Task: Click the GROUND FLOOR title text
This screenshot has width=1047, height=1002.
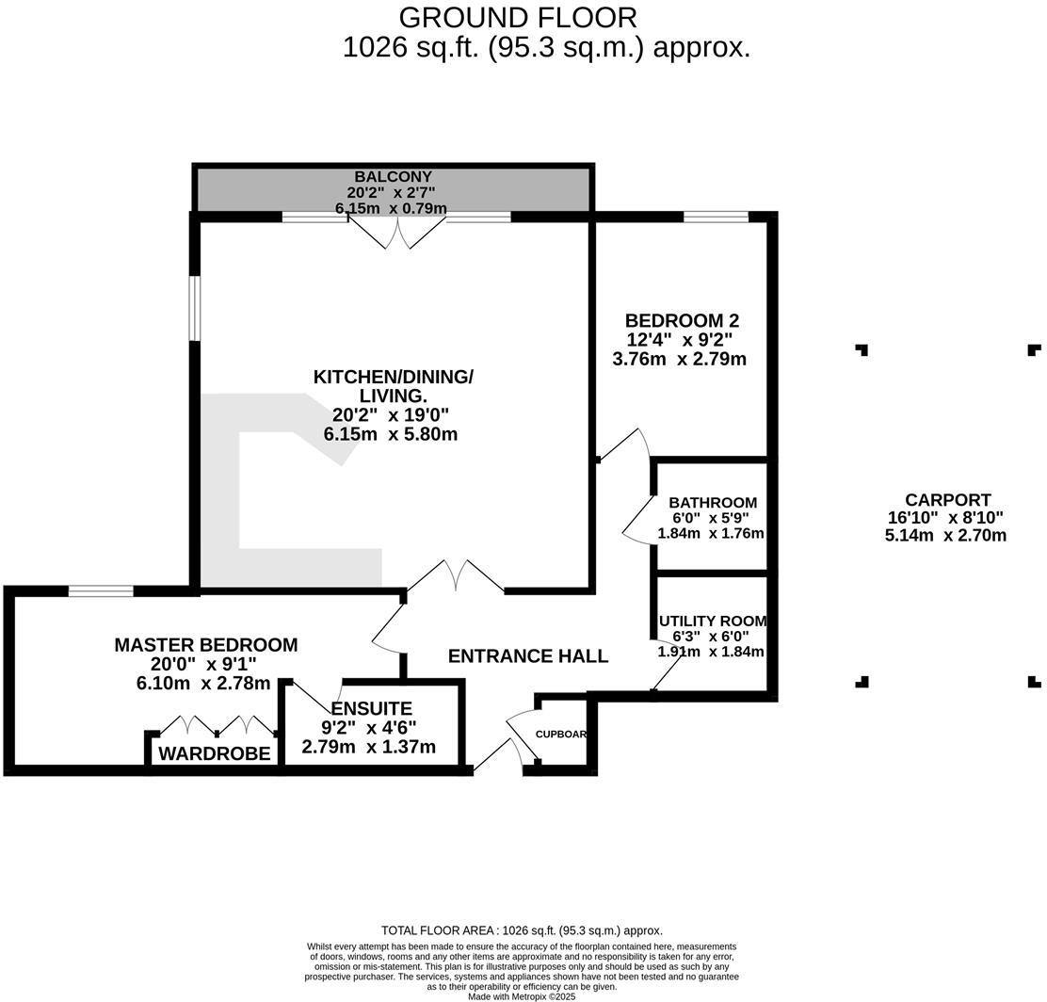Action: click(518, 17)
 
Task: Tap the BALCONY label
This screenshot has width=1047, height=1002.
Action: click(393, 177)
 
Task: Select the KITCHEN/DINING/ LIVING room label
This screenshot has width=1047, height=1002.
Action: click(393, 386)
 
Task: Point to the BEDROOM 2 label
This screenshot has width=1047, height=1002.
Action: click(681, 320)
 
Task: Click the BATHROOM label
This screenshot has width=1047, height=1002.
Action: click(712, 503)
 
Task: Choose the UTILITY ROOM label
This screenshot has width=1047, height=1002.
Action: click(713, 622)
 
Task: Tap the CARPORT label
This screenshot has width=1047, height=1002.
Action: click(947, 500)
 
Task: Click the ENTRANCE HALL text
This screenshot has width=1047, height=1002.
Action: click(527, 656)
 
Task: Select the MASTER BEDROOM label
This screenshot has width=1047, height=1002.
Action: click(205, 645)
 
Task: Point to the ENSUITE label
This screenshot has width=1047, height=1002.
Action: click(371, 708)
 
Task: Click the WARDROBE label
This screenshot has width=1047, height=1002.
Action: click(215, 753)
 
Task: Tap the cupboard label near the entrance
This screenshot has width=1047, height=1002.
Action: click(561, 735)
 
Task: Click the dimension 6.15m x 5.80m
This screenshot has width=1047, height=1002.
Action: click(391, 434)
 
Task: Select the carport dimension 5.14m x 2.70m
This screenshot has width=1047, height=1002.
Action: click(945, 536)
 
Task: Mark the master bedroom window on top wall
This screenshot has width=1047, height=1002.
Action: click(101, 591)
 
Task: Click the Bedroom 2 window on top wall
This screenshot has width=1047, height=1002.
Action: click(716, 218)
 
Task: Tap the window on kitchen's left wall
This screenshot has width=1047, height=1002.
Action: click(194, 308)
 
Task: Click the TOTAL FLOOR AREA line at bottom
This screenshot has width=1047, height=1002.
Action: click(522, 930)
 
